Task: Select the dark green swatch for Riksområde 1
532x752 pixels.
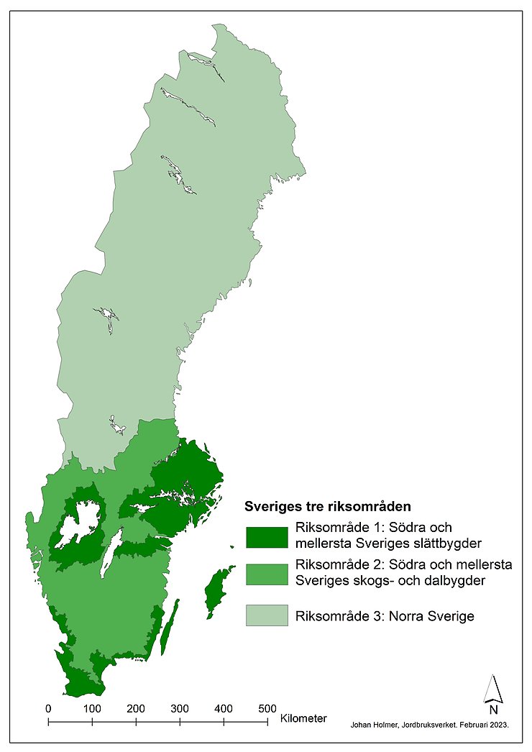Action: [x=267, y=536]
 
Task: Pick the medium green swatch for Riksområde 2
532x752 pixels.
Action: [x=267, y=573]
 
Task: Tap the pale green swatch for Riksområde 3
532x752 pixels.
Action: [x=267, y=615]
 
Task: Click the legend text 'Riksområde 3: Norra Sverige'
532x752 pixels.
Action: [x=384, y=616]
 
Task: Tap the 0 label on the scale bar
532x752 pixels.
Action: [x=48, y=707]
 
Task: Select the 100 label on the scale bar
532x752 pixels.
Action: [x=92, y=707]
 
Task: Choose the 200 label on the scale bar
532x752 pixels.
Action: [x=136, y=707]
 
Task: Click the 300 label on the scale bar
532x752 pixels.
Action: [x=180, y=707]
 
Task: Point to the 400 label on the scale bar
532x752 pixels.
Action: [x=224, y=707]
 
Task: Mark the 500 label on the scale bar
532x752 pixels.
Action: [x=267, y=707]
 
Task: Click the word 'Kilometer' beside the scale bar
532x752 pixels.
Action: [x=303, y=717]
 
